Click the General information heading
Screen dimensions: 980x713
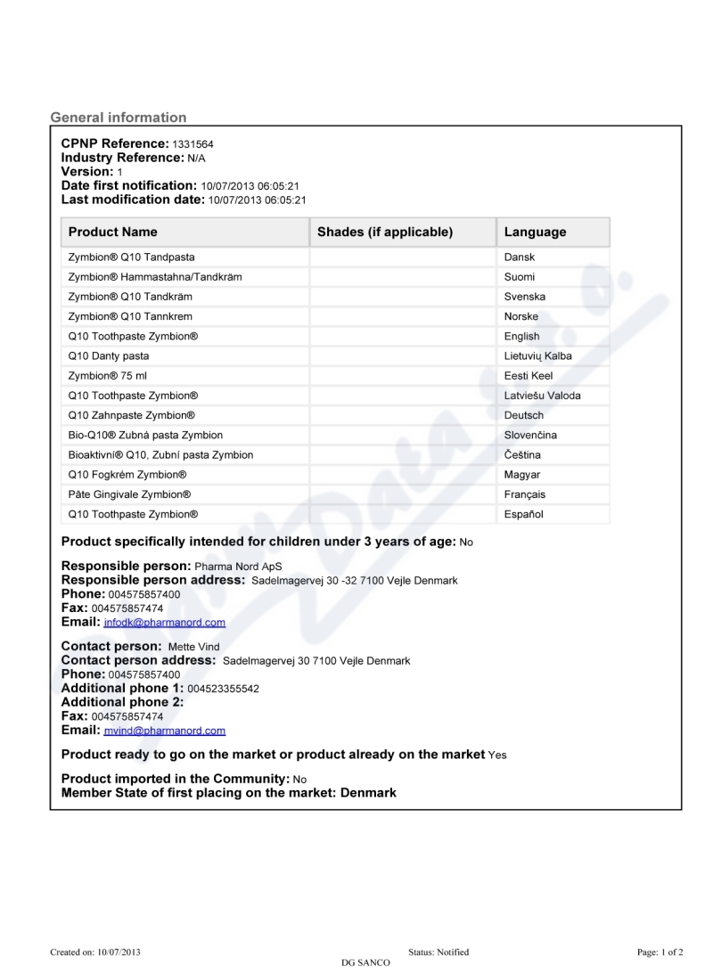click(119, 118)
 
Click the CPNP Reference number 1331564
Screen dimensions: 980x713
click(193, 144)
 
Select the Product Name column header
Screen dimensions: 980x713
click(112, 232)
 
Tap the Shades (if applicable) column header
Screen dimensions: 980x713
click(385, 232)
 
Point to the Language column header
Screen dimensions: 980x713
click(535, 232)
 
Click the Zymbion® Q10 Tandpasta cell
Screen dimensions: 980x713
click(131, 257)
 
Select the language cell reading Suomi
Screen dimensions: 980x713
click(520, 277)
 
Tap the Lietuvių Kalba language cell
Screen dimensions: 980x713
click(538, 356)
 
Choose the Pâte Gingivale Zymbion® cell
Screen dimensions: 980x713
click(129, 494)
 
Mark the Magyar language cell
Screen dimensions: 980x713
click(522, 475)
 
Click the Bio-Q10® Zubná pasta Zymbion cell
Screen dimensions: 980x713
click(145, 436)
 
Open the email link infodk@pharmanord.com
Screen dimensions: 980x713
click(164, 623)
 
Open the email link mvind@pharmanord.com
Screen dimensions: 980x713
click(164, 731)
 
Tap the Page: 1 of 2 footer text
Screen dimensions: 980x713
click(660, 952)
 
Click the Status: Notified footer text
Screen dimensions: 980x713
click(438, 952)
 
